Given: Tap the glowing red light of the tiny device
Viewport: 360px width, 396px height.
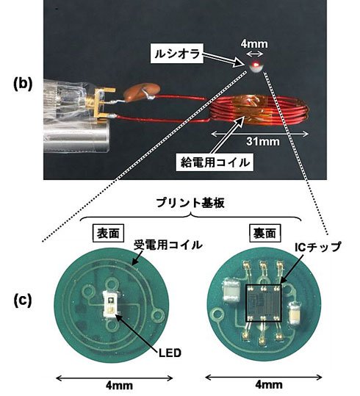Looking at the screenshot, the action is coord(256,64).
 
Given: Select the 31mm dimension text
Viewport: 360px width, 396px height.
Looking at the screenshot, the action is coord(263,141).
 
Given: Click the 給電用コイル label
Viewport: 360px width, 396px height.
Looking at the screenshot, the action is coord(215,162).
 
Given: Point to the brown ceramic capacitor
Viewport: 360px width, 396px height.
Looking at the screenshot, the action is coord(143,92).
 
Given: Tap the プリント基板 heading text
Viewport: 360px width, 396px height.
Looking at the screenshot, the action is coord(190,204).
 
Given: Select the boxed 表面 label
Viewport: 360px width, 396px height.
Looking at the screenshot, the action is coord(108,234).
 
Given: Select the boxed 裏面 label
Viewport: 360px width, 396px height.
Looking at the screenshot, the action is coord(264,234).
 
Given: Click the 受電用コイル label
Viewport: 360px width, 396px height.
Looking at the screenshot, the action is coord(168,245).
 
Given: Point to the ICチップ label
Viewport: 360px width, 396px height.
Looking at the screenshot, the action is coord(318,247).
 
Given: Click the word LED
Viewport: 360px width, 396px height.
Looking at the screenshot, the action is coord(170,353).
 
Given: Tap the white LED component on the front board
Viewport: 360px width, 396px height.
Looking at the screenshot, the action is coord(110,304).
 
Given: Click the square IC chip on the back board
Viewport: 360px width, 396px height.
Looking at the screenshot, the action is coord(264,303).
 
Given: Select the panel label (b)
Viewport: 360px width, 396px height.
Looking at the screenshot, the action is coord(23,84).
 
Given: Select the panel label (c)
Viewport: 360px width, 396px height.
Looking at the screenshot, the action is coord(23,300).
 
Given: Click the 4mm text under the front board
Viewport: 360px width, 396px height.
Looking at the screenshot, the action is coord(119,386).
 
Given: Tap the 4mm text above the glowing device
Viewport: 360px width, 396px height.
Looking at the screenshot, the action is coord(254,44).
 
